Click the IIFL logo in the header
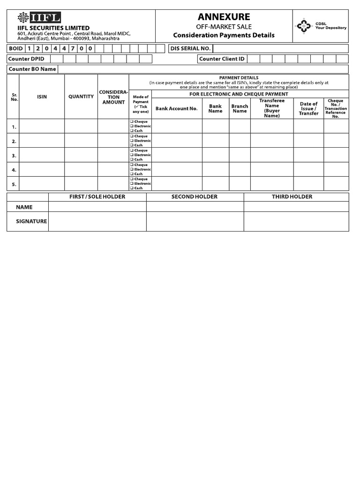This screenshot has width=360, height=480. coord(39,19)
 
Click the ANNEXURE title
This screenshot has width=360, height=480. coord(224,17)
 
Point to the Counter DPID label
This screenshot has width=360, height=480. coord(26,59)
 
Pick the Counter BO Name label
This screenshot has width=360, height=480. coord(32,69)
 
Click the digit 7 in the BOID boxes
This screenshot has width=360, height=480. coord(73,49)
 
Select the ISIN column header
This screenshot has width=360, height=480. coord(42,97)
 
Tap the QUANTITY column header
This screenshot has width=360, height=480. coord(81,97)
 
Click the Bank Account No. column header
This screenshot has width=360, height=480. coord(177,109)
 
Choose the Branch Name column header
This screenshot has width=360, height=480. coord(240,109)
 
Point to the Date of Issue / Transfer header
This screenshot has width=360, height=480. coord(308,109)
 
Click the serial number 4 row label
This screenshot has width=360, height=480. coord(14,170)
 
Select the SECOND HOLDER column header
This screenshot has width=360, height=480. coord(195,197)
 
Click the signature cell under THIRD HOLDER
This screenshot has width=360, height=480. coord(296,221)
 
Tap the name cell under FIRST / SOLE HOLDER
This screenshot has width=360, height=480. coord(97,207)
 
